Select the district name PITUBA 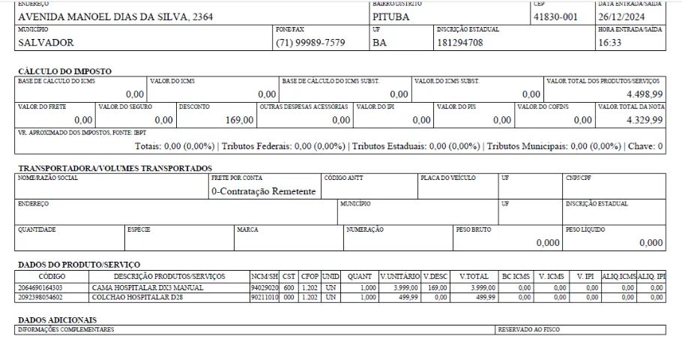[391, 16]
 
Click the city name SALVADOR [46, 43]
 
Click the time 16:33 [610, 43]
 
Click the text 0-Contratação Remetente [263, 191]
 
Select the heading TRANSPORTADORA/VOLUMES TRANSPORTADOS [115, 168]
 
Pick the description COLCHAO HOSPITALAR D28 [138, 297]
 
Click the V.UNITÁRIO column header [399, 277]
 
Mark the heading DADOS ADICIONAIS [57, 320]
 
